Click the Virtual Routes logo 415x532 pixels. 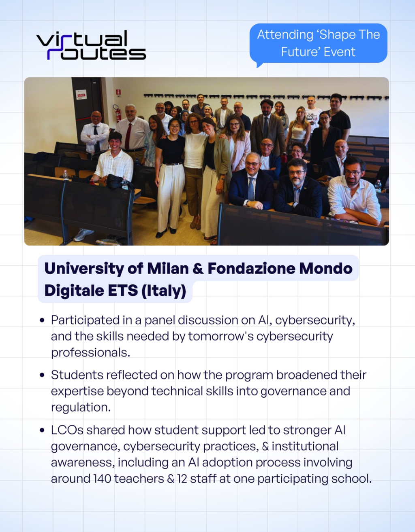[91, 45]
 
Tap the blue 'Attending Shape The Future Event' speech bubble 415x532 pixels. [319, 43]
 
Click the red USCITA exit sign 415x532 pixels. [81, 95]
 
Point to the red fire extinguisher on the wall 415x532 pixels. [118, 113]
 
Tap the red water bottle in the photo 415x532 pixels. [284, 157]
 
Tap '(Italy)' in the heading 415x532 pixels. [164, 290]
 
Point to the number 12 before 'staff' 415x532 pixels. [182, 479]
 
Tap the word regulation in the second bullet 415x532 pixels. [81, 408]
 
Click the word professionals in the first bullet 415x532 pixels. [90, 353]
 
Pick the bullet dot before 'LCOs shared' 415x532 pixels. [42, 430]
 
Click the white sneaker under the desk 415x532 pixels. [83, 235]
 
